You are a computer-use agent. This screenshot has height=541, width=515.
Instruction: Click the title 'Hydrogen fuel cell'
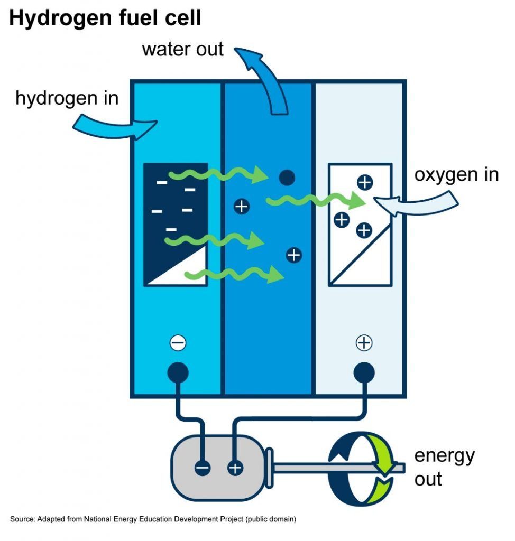pos(105,18)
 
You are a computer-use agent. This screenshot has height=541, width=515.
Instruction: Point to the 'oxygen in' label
pos(456,174)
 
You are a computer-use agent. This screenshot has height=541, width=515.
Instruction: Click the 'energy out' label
pos(444,467)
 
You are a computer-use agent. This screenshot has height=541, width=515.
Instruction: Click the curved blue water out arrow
pos(264,79)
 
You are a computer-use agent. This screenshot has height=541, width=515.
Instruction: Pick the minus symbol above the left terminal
pos(178,343)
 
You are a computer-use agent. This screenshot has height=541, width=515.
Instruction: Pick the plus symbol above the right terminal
pos(364,343)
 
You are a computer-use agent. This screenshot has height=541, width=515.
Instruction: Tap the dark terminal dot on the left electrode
pos(178,372)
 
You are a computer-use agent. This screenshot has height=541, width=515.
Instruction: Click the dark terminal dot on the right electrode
pos(364,372)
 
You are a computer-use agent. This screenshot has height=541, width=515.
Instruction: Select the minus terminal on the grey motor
pos(203,468)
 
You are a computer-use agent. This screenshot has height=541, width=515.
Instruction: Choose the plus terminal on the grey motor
pos(235,468)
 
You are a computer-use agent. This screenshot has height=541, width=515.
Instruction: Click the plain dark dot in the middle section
pos(286,178)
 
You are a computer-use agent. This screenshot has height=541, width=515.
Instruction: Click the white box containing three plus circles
pos(360,224)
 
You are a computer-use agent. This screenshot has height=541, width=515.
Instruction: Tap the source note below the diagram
pos(153,519)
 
